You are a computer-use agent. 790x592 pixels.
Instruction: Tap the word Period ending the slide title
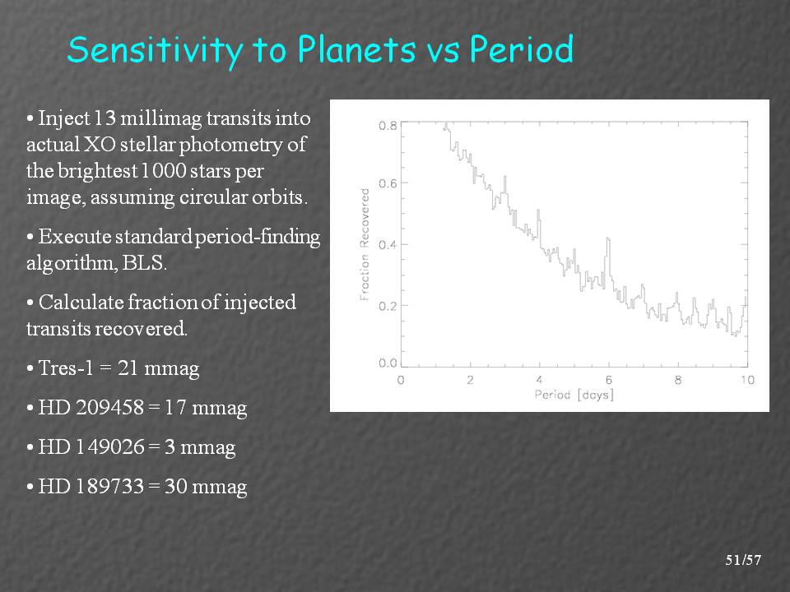[x=522, y=50]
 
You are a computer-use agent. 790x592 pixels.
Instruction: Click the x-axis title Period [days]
[x=574, y=395]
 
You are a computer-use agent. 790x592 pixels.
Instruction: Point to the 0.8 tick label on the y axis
[x=387, y=126]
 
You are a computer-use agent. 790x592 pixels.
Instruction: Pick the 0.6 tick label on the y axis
[x=387, y=183]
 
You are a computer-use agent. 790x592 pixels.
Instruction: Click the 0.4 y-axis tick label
[x=387, y=245]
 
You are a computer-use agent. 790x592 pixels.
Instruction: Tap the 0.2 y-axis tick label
[x=387, y=306]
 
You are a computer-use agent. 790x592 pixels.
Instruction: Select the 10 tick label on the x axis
[x=747, y=381]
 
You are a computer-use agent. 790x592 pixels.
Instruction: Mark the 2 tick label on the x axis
[x=470, y=381]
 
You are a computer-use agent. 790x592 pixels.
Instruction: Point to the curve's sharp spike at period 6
[x=608, y=240]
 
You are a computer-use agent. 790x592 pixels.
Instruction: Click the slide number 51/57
[x=743, y=561]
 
